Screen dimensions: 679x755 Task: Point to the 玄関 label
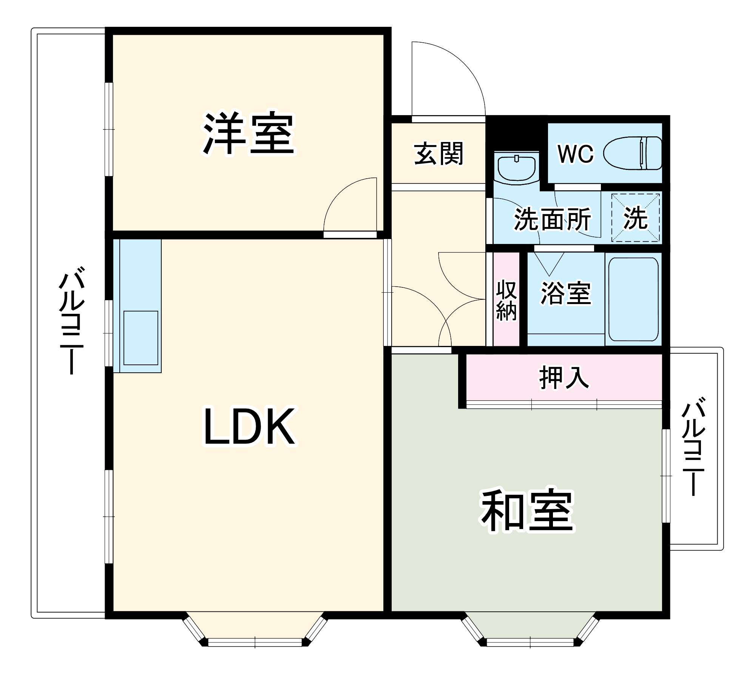tap(438, 154)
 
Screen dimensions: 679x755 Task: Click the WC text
tap(576, 154)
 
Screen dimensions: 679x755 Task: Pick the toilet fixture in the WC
tap(633, 153)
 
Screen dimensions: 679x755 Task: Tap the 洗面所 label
tap(552, 219)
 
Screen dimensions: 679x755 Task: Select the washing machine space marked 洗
tap(635, 218)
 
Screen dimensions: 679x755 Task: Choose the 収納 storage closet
tap(506, 300)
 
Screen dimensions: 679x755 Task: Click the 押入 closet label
tap(564, 377)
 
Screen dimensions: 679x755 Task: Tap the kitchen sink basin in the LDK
tap(141, 338)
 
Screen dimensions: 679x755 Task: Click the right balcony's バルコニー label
tap(693, 446)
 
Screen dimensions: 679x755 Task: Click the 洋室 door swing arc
tap(349, 204)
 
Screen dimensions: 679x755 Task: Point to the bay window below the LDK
tap(255, 629)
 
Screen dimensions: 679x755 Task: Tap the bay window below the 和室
tap(530, 629)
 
